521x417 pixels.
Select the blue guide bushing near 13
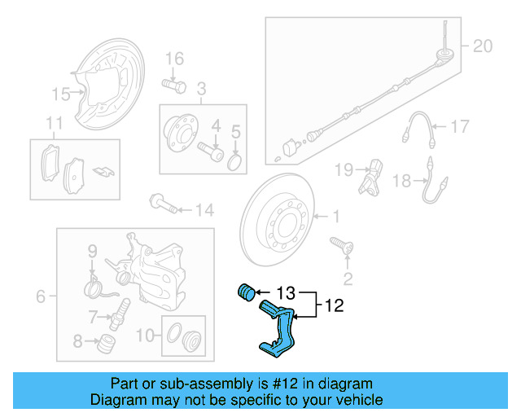245,291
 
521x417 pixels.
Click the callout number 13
287,292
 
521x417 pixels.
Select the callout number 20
483,46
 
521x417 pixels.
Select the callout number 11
54,124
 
